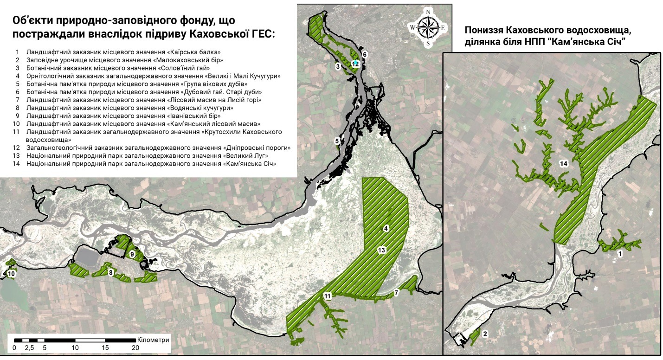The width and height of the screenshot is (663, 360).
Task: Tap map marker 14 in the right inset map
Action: click(563, 164)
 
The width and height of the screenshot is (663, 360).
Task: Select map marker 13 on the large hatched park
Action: click(381, 250)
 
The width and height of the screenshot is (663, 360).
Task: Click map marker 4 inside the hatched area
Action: click(385, 228)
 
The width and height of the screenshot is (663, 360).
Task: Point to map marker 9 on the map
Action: click(132, 254)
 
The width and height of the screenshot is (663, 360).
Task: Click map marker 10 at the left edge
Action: click(11, 274)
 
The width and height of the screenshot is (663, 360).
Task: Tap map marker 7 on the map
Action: click(396, 293)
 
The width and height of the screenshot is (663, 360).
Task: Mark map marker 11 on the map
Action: click(328, 296)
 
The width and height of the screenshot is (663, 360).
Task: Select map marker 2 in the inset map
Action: click(485, 334)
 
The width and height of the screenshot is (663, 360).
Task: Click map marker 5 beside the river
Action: click(336, 140)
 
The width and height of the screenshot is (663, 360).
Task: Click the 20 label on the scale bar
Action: click(135, 347)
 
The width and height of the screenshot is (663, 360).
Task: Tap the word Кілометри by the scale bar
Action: click(154, 340)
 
